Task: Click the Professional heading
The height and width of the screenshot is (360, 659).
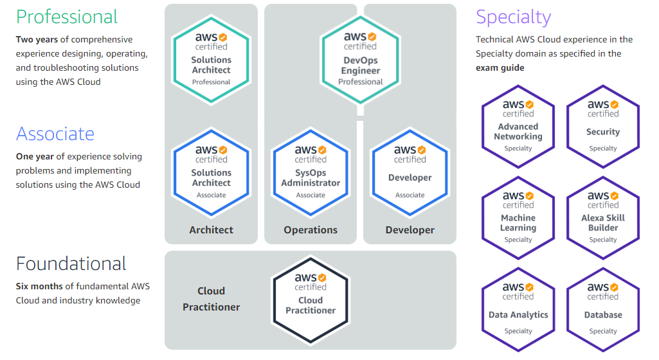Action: pyautogui.click(x=67, y=17)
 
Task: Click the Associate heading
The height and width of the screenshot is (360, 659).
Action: pyautogui.click(x=55, y=134)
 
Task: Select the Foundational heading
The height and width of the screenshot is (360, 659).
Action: pyautogui.click(x=71, y=264)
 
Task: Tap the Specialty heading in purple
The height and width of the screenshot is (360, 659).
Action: pyautogui.click(x=513, y=17)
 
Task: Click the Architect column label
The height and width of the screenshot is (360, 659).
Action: pyautogui.click(x=211, y=230)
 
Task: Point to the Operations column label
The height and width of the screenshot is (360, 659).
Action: pyautogui.click(x=311, y=230)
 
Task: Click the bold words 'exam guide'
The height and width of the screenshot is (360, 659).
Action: pyautogui.click(x=500, y=67)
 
